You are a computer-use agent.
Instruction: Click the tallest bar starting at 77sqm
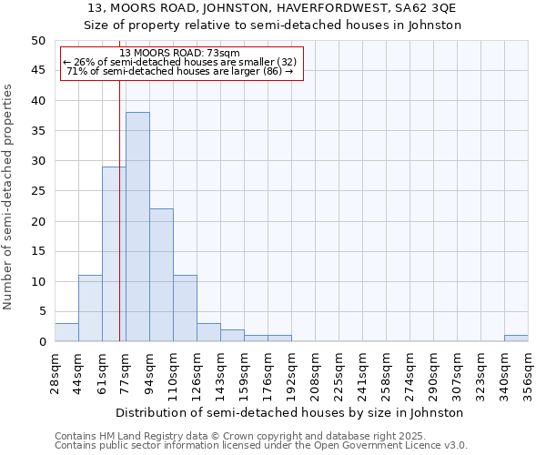(x=137, y=227)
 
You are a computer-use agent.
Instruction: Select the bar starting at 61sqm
(x=114, y=254)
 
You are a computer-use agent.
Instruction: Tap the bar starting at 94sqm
(x=161, y=275)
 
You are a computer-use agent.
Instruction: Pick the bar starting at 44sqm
(x=90, y=308)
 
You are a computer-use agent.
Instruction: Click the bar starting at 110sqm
(x=185, y=308)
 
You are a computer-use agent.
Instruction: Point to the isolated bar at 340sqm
(x=516, y=339)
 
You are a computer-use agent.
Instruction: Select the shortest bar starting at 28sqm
(x=66, y=332)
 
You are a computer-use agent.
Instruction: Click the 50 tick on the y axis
(x=38, y=41)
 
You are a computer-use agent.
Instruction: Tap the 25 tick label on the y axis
(x=38, y=191)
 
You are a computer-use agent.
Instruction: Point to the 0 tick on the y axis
(x=42, y=342)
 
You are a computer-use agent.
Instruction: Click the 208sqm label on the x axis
(x=315, y=373)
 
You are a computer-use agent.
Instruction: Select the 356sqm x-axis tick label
(x=528, y=373)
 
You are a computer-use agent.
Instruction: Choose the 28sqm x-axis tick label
(x=55, y=373)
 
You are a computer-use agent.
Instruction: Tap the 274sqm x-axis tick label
(x=409, y=373)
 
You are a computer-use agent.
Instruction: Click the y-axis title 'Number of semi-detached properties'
(x=9, y=197)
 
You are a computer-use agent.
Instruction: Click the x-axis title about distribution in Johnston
(x=290, y=412)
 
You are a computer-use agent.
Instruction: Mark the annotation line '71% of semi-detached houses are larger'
(x=179, y=71)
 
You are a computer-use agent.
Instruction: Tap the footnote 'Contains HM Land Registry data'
(x=235, y=436)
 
